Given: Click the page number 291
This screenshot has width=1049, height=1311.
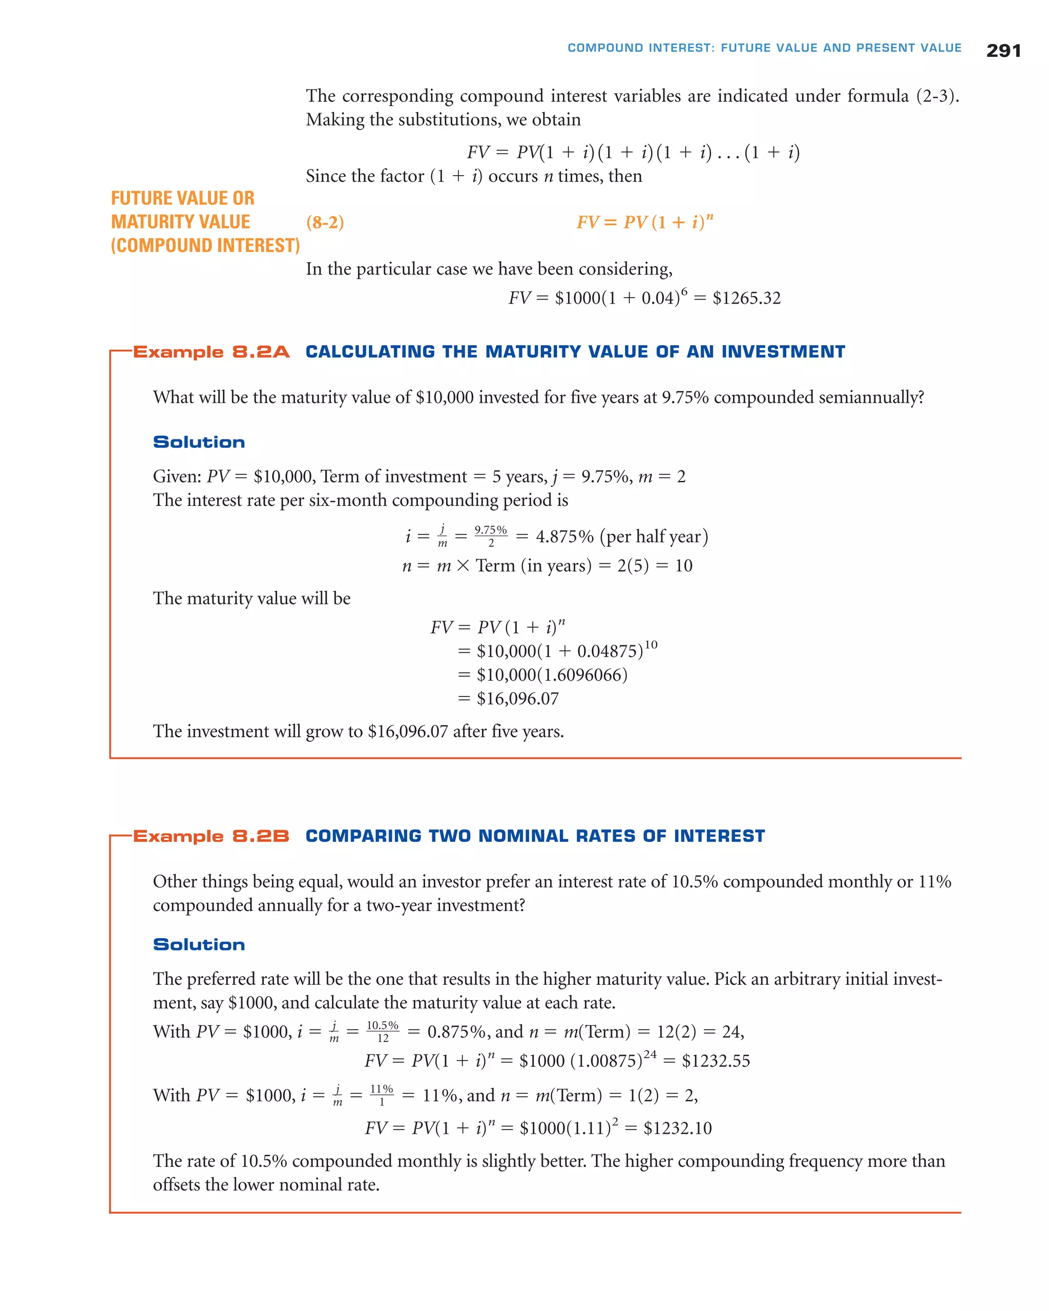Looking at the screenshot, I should (1003, 51).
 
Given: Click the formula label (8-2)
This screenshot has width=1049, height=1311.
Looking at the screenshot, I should (325, 223).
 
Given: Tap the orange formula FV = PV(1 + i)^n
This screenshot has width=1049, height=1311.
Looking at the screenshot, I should (644, 222).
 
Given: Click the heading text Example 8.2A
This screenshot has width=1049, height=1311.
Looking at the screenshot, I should (211, 352).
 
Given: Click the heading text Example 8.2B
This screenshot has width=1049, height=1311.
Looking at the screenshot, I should (211, 836).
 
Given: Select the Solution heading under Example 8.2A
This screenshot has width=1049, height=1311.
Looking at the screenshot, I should (199, 442).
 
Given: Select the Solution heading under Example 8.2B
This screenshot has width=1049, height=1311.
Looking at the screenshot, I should (199, 944).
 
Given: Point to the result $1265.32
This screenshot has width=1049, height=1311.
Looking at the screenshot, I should (746, 298).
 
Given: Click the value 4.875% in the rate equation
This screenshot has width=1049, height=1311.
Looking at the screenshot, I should (564, 536).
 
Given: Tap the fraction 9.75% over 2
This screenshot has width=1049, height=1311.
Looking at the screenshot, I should (491, 536).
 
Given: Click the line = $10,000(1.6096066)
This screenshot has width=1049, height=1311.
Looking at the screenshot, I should (542, 675).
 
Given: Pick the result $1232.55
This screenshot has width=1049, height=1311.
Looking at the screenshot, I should (716, 1061).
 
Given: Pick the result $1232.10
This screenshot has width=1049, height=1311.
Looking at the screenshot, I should (678, 1129).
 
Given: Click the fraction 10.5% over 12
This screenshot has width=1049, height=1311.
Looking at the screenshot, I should (383, 1032).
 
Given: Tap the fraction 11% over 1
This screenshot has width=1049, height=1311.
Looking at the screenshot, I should (381, 1095).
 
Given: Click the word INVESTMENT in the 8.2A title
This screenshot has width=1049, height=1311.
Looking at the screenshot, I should (783, 352).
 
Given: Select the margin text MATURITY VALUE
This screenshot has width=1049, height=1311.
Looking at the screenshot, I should (181, 222).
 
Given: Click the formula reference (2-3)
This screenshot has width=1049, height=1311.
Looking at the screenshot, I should (937, 96).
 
